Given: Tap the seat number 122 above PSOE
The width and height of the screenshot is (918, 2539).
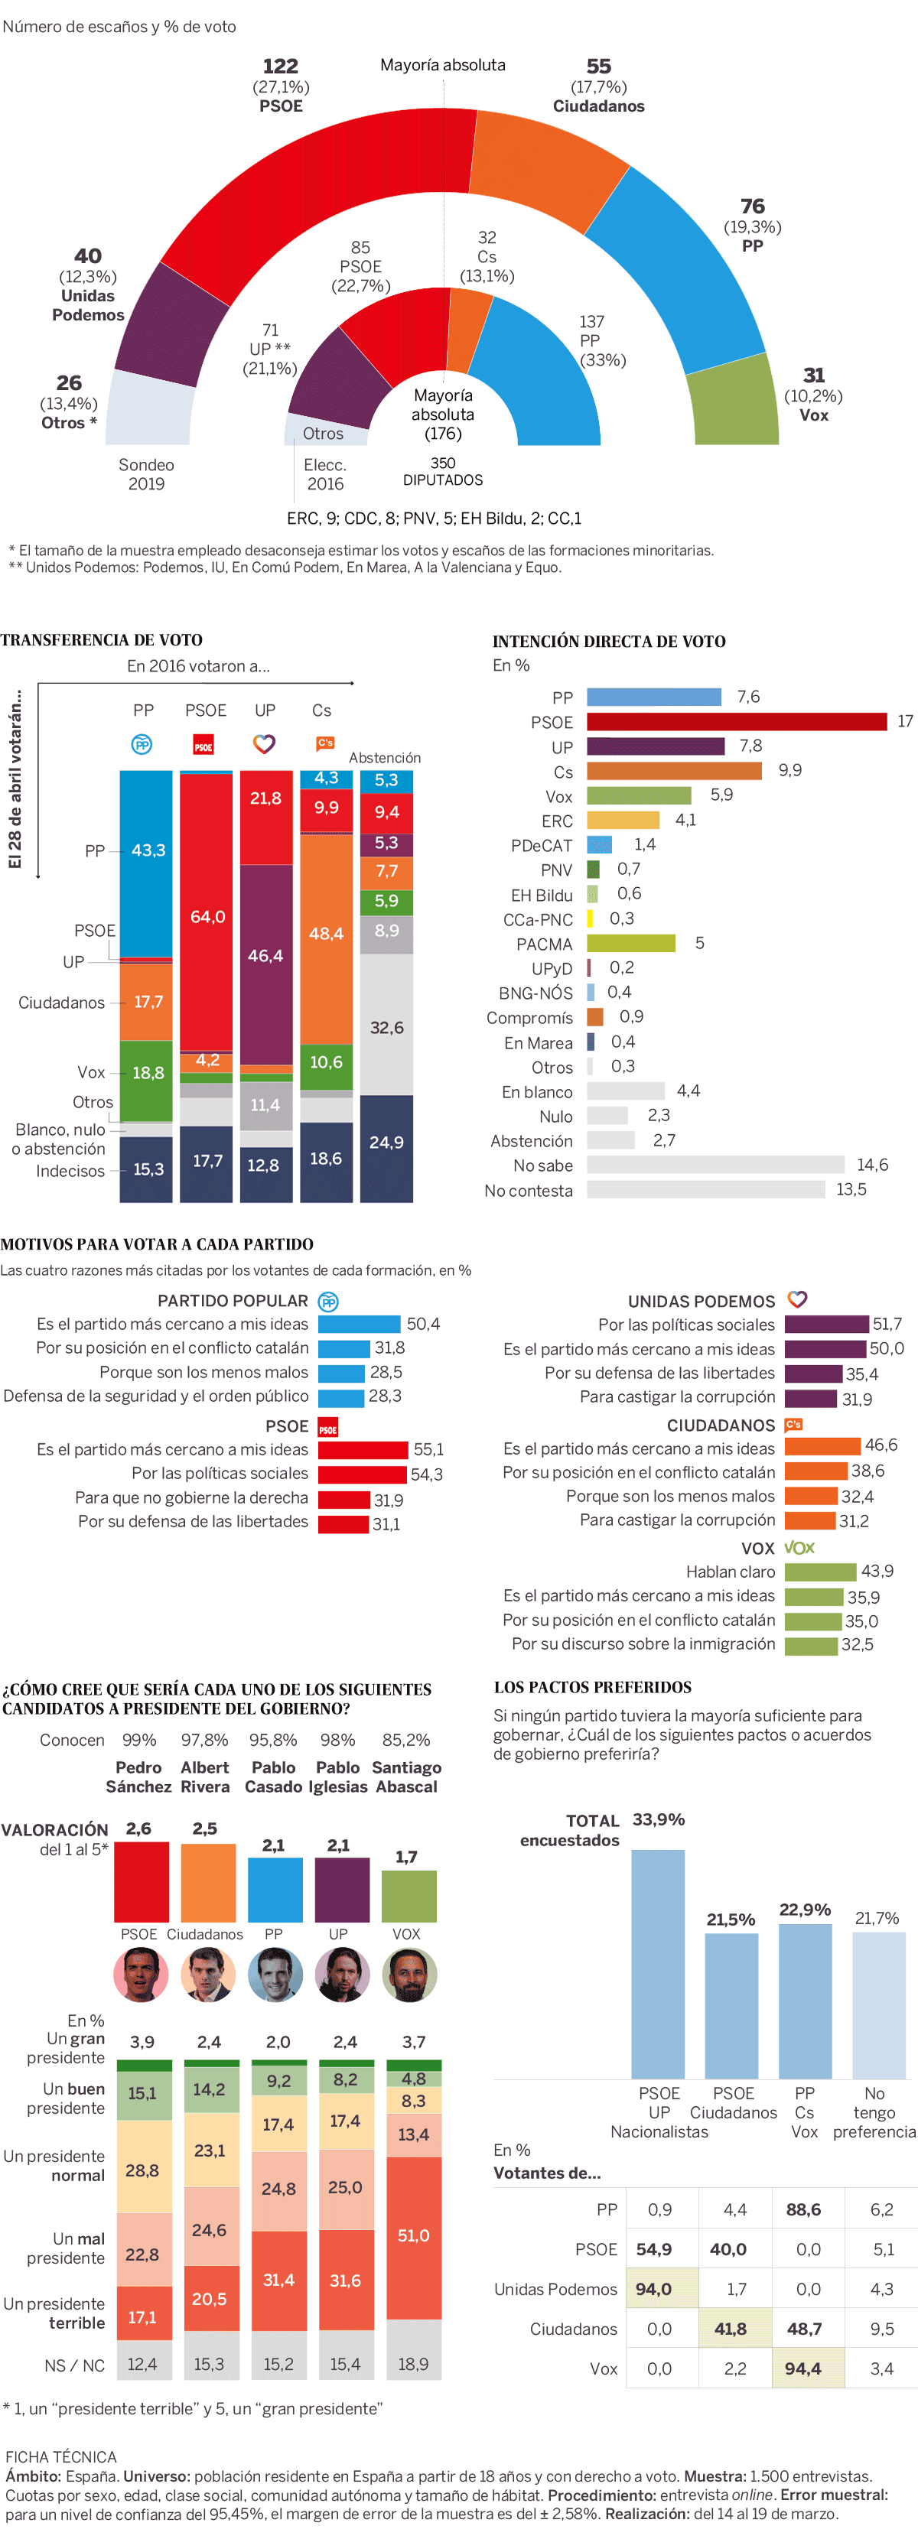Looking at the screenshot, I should tap(280, 66).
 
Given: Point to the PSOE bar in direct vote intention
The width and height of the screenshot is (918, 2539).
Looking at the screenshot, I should tap(736, 721).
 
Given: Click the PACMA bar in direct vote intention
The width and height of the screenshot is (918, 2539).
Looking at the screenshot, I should tap(630, 943).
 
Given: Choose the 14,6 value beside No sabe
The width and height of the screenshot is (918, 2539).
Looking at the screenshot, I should tap(871, 1165).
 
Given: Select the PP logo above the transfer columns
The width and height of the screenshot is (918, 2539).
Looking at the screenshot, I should tap(142, 744).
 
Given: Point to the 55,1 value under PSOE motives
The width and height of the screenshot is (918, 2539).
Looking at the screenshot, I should tap(428, 1450).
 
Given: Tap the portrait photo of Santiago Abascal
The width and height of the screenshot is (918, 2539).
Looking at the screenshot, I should tap(409, 1975).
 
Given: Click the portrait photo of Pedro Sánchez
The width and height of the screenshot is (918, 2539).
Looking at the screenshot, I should tap(141, 1975).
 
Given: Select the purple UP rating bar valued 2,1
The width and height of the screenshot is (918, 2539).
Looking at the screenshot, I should tap(341, 1890).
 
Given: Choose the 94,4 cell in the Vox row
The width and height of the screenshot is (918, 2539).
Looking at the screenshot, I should tap(803, 2368).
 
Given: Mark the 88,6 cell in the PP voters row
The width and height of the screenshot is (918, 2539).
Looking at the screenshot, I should tap(803, 2210).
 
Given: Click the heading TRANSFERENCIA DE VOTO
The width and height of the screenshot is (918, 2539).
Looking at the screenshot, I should tap(102, 639).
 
